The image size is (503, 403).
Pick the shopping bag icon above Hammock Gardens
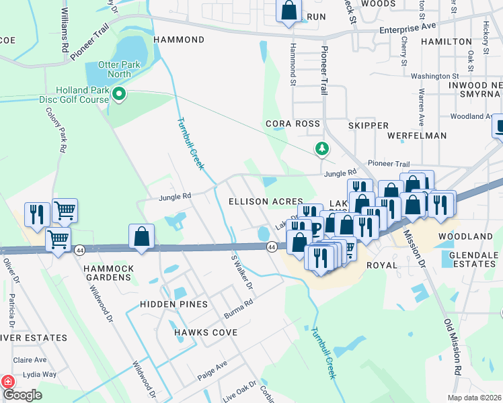point(141,236)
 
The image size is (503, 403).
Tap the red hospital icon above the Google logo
point(8,381)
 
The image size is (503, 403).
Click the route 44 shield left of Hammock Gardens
point(80,249)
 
